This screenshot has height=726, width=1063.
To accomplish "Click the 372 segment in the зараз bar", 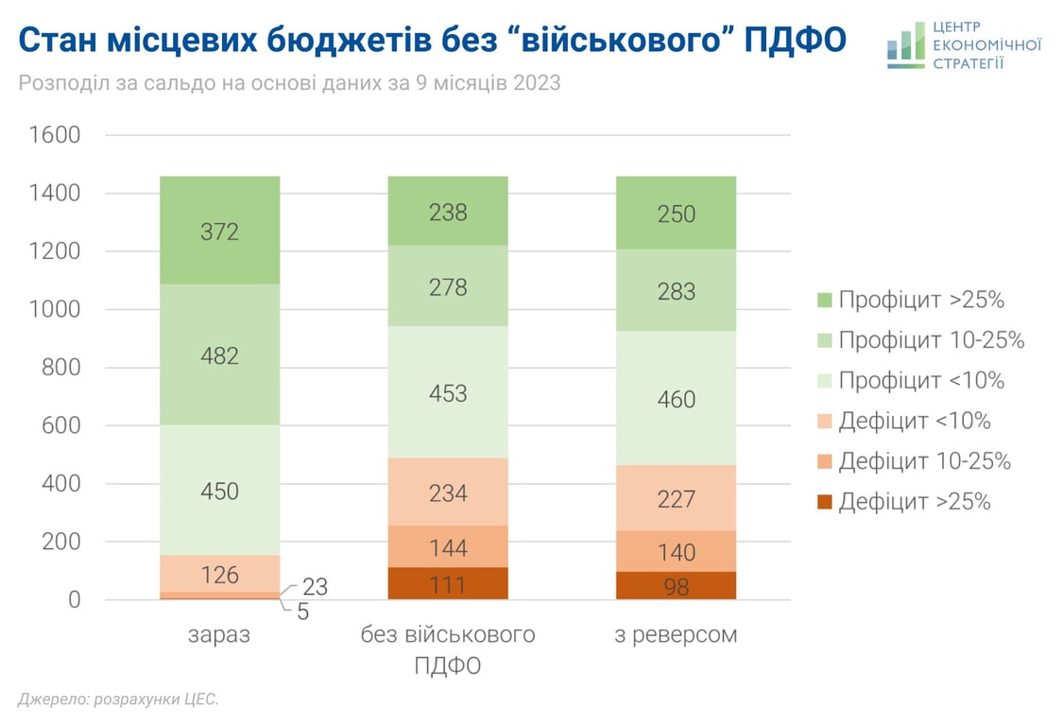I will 219,230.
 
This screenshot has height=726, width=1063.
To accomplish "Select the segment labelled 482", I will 219,355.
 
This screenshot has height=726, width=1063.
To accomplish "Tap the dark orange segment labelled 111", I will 448,584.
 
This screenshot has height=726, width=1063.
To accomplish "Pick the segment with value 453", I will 448,392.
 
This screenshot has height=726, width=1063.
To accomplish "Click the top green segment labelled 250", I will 676,214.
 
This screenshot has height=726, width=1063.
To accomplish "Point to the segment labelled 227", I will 676,497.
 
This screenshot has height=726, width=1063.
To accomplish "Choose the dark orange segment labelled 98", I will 676,586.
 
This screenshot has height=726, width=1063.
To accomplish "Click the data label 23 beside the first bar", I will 315,587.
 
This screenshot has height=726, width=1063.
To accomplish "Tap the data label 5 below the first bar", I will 303,612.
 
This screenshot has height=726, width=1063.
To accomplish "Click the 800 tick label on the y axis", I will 61,368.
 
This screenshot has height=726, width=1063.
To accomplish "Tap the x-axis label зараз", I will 219,634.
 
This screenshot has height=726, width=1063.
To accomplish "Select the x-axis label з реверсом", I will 676,634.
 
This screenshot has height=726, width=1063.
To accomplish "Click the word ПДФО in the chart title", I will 797,40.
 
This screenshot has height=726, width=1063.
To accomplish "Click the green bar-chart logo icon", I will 905,45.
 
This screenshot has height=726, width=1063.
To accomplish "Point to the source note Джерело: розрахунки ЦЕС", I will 118,700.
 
